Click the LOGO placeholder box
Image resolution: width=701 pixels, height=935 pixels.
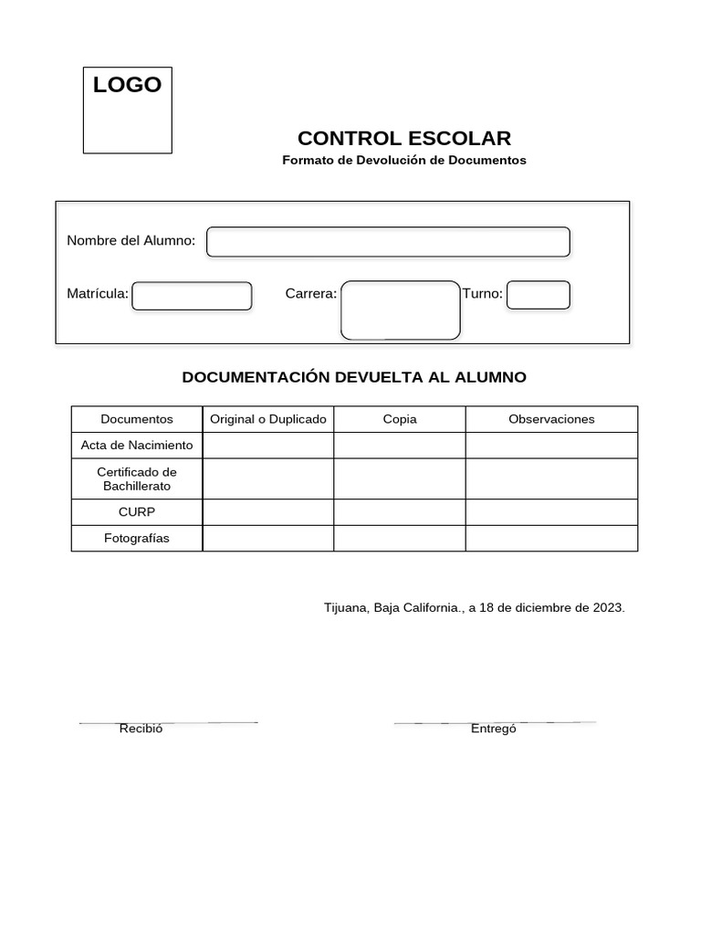pos(128,110)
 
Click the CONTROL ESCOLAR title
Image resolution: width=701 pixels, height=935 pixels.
pos(404,139)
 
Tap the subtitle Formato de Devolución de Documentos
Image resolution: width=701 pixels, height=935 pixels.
pos(404,160)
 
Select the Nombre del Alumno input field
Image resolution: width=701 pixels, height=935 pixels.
pos(388,242)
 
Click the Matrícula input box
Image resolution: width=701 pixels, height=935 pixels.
pos(192,296)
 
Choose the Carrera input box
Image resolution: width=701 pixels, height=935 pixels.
pos(400,310)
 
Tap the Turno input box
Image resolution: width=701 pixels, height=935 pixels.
pos(539,295)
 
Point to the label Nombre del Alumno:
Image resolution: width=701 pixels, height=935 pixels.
pos(131,241)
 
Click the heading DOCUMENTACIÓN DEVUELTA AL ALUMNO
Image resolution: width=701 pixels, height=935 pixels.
pos(354,377)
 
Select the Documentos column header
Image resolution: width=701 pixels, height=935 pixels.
pos(137,419)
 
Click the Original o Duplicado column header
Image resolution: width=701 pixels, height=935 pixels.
pos(268,419)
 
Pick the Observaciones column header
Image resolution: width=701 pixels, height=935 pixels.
pos(551,419)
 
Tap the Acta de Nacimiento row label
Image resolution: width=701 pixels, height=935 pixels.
pos(137,446)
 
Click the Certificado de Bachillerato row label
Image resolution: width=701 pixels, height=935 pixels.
pos(137,479)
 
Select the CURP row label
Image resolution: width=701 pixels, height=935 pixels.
pos(137,512)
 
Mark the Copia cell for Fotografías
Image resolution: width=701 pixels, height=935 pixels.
pos(400,539)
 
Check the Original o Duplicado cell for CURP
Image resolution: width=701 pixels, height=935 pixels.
pos(268,512)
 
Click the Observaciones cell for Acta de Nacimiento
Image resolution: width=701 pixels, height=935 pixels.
pos(551,446)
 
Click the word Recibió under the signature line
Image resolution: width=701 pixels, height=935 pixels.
pos(141,729)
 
